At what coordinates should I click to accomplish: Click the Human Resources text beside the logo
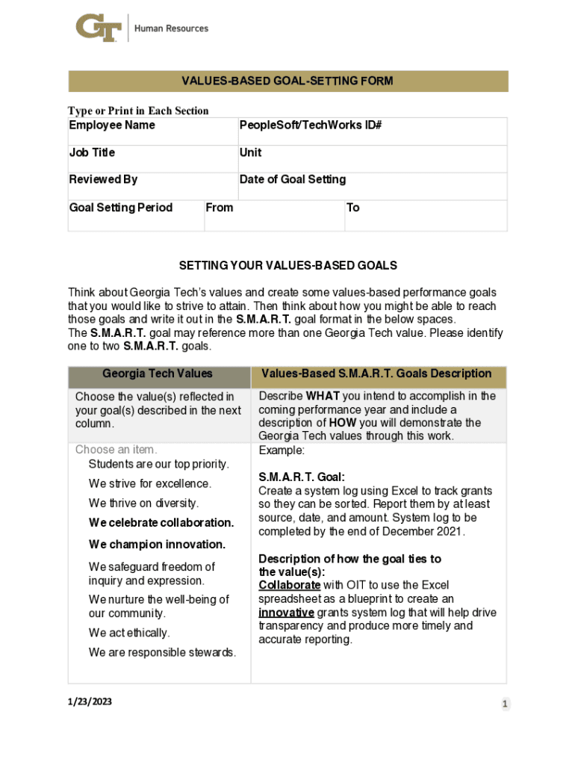[x=171, y=28]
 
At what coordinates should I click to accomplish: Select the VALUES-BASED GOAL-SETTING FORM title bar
[x=287, y=81]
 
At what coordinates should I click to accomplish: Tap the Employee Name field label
[x=112, y=126]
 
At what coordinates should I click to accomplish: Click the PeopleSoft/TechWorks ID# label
[x=311, y=126]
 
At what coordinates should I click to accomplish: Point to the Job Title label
[x=92, y=152]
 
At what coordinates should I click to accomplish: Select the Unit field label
[x=250, y=152]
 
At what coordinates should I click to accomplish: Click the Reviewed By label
[x=103, y=179]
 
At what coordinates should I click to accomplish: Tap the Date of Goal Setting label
[x=292, y=179]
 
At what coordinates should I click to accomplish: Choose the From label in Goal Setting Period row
[x=219, y=208]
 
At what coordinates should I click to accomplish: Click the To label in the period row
[x=353, y=208]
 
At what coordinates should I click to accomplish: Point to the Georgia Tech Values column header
[x=158, y=374]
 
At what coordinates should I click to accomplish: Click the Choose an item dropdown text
[x=116, y=450]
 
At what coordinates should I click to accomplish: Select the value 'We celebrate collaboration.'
[x=161, y=522]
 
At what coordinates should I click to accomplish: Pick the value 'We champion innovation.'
[x=157, y=544]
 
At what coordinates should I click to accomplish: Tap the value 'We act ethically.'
[x=129, y=633]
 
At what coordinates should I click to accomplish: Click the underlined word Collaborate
[x=290, y=585]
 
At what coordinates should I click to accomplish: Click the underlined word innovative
[x=286, y=613]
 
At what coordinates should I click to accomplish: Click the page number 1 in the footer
[x=505, y=704]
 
